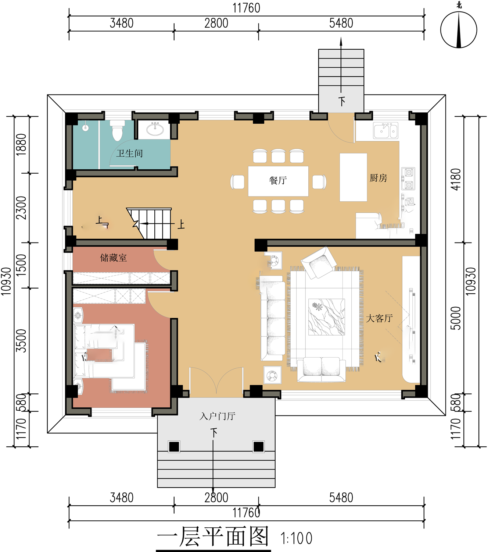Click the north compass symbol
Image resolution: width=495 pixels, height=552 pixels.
point(459,29)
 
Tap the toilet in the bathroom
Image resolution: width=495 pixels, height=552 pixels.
point(117,131)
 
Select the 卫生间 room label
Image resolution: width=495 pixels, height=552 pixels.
point(129,153)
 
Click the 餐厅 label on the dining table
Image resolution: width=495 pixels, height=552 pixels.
point(278,180)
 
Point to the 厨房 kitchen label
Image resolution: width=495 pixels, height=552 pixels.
point(378,178)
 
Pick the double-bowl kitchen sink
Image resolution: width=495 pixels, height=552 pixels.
point(385,131)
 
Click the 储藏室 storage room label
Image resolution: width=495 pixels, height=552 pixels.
point(114,258)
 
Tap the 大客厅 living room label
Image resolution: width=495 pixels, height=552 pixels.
point(379,318)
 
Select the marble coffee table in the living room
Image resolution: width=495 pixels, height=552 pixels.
point(327,317)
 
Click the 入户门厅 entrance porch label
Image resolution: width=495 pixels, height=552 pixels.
point(217,416)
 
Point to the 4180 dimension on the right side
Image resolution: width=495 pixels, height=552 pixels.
point(456,179)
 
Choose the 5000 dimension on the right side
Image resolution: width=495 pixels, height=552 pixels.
point(456,318)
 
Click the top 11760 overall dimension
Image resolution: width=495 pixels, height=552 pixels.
point(246,8)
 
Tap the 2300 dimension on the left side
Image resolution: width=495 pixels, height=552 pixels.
point(21,208)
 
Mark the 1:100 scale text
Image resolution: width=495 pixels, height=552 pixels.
point(296,538)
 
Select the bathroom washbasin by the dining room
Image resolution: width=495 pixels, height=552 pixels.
point(155,129)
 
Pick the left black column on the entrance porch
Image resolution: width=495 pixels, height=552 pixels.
point(174,446)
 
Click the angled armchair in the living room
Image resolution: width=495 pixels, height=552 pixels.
point(319,262)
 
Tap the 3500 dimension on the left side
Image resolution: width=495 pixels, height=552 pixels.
point(21,340)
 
